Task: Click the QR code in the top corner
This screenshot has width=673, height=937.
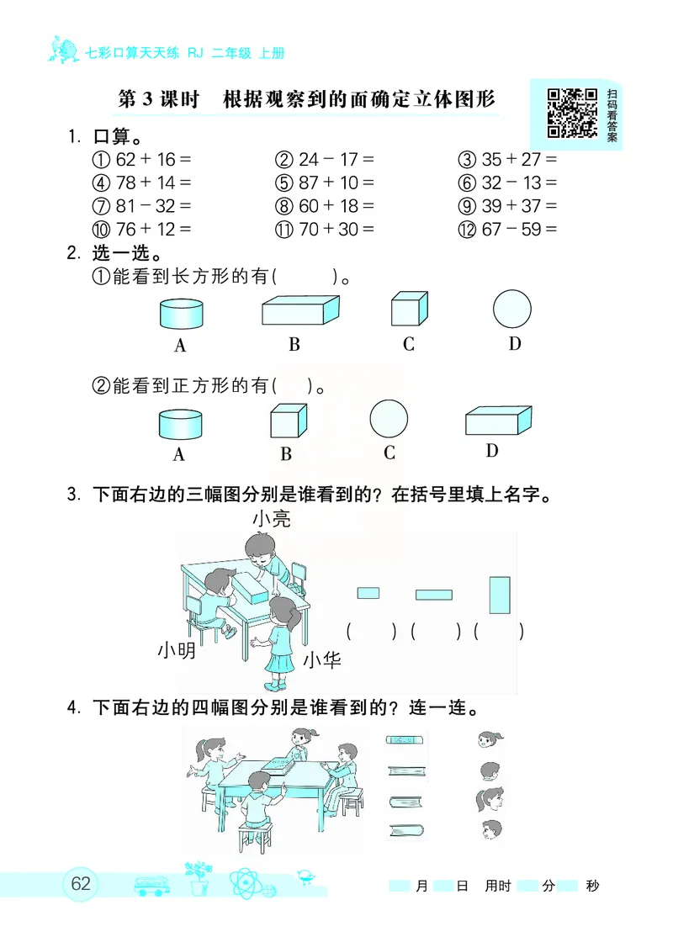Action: [x=572, y=113]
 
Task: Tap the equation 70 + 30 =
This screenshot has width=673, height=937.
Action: [x=325, y=229]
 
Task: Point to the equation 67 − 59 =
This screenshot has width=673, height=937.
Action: [x=508, y=229]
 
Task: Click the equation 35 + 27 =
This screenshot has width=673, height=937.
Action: [x=508, y=159]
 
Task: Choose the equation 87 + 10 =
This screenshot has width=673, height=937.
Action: [x=325, y=183]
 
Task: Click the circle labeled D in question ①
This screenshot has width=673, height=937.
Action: [x=512, y=310]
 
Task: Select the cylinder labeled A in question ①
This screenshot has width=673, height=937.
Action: [x=181, y=315]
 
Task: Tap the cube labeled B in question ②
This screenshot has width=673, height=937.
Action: [x=286, y=421]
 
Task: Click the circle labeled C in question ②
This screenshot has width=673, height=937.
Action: [x=389, y=418]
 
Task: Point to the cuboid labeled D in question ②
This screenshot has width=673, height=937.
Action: [x=498, y=421]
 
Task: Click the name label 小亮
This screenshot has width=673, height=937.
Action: [x=271, y=519]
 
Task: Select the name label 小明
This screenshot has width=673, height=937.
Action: [x=176, y=650]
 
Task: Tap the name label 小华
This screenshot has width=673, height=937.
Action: [x=321, y=660]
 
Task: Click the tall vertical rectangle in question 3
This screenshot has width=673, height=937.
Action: [x=500, y=595]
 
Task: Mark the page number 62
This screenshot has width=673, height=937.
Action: [x=81, y=885]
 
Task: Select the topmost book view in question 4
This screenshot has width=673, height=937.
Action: [x=405, y=740]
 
